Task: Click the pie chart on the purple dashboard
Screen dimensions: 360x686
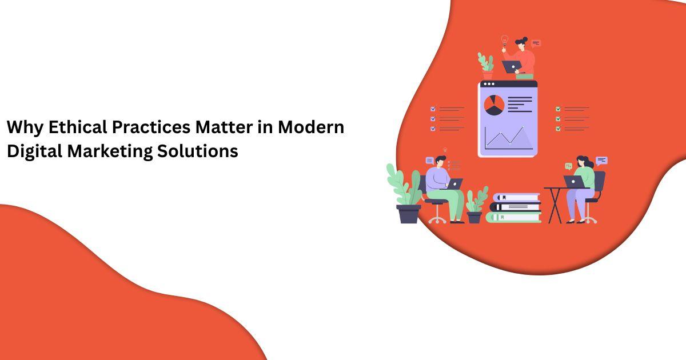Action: [x=494, y=105]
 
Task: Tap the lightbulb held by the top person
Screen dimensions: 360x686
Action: [x=505, y=40]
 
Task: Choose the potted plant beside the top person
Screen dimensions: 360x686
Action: [x=486, y=66]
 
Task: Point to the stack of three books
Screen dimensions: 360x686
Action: [x=514, y=207]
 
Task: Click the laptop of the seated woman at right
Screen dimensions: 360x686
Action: [x=573, y=181]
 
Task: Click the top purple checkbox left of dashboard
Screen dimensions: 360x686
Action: [x=433, y=109]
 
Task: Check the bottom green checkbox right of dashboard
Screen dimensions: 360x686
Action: [x=558, y=129]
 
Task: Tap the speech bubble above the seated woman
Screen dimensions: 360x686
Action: [x=601, y=161]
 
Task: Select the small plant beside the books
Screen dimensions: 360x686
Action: [x=475, y=205]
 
